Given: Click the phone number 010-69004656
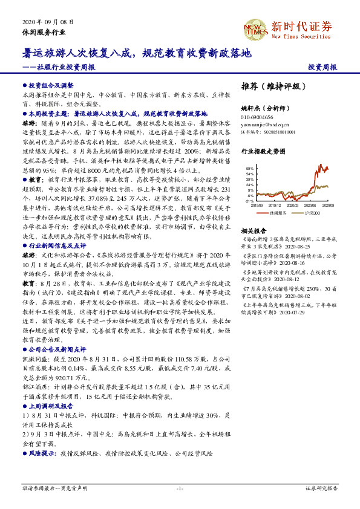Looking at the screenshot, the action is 258,117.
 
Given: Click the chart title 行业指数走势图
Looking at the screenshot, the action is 263,152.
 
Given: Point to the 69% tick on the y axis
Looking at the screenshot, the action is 250,168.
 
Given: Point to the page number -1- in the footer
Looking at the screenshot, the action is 180,488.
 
